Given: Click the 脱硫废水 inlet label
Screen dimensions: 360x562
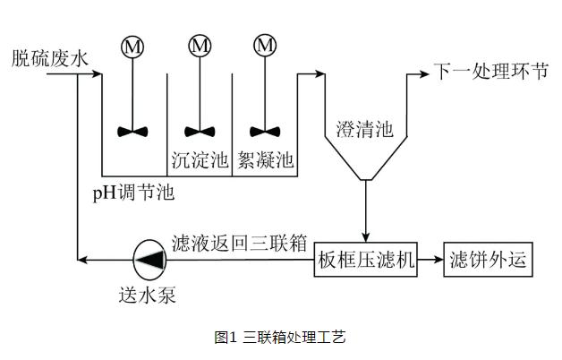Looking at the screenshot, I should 50,59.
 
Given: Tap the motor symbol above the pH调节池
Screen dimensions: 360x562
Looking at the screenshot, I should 133,45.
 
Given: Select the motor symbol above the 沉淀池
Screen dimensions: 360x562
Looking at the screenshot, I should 200,45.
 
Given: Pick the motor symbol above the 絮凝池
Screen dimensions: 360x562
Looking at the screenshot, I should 265,45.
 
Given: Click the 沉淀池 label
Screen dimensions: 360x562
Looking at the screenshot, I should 200,160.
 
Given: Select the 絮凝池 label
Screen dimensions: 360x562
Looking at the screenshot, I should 265,160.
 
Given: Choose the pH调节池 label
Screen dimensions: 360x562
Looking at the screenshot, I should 133,193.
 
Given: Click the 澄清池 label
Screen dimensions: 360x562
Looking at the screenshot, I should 364,129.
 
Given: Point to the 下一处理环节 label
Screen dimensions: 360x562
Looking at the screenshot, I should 490,73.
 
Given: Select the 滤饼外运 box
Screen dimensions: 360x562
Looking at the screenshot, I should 488,261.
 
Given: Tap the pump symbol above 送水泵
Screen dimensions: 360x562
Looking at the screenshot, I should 147,261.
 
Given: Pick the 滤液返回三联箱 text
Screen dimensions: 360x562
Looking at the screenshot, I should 240,243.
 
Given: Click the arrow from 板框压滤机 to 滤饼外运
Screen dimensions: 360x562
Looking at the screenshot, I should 430,261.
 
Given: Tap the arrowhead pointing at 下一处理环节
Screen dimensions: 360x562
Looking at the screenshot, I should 425,73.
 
